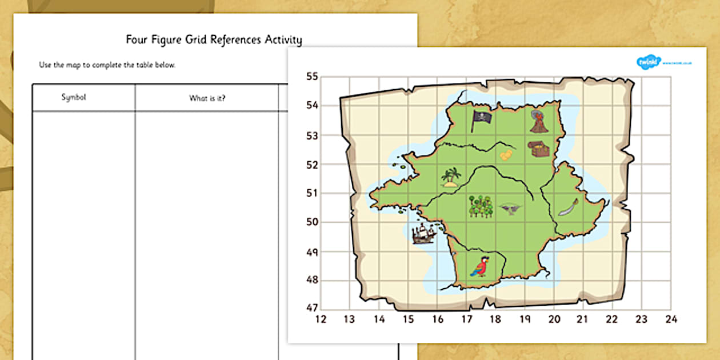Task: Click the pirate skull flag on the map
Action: coord(481,120)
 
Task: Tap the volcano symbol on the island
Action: coord(538,122)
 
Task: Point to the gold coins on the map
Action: coord(506,155)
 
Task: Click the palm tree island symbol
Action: coord(451,177)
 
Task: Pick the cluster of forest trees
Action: coord(480,206)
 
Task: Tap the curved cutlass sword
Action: coord(569,207)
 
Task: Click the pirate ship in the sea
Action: coord(423,234)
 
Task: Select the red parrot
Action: coord(480,266)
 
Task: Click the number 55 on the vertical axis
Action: coord(312,77)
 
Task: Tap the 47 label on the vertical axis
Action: coord(312,307)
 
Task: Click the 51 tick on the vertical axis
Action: coord(312,193)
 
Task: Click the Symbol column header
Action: coord(74,98)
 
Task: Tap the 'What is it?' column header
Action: coord(207,98)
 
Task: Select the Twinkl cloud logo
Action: coord(649,61)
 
